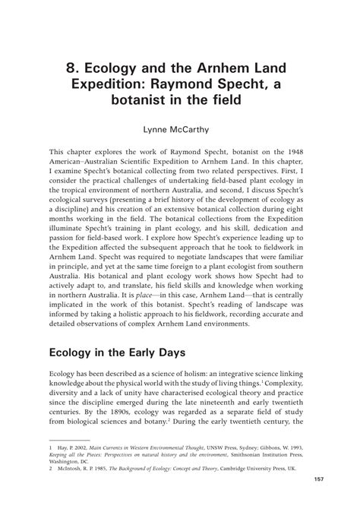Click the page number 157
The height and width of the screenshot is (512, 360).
(305, 489)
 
